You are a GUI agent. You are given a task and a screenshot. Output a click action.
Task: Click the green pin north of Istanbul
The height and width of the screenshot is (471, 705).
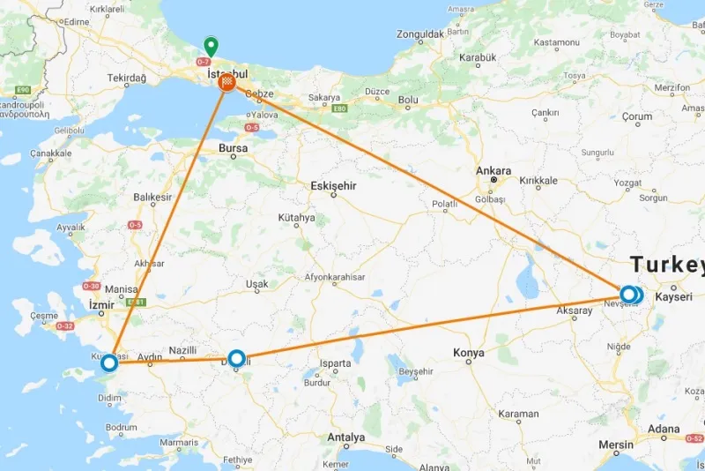[211, 46]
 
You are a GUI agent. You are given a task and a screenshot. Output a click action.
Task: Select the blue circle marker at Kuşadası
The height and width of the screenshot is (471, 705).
[109, 363]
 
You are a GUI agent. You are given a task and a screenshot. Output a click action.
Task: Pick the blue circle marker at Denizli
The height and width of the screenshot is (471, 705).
[236, 358]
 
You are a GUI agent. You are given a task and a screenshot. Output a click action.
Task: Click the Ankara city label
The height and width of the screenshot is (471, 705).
[493, 170]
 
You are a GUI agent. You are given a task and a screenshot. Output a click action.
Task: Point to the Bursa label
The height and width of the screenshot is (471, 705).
[234, 149]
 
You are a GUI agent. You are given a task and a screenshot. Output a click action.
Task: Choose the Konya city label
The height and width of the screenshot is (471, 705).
[469, 353]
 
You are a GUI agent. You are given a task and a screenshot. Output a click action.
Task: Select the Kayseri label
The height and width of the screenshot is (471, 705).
[674, 297]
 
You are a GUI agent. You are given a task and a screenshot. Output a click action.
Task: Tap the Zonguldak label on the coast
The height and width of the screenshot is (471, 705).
[419, 34]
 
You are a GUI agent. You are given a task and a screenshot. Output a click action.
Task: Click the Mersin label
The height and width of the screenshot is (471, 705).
[616, 445]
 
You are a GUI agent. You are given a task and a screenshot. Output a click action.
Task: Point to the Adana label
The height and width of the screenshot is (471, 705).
[665, 430]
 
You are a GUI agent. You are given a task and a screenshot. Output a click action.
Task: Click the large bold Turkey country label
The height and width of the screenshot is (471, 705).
[667, 265]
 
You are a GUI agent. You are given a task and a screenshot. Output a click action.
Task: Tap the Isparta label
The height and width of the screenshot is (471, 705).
[336, 363]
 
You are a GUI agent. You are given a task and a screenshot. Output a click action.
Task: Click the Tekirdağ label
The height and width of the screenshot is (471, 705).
[126, 78]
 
